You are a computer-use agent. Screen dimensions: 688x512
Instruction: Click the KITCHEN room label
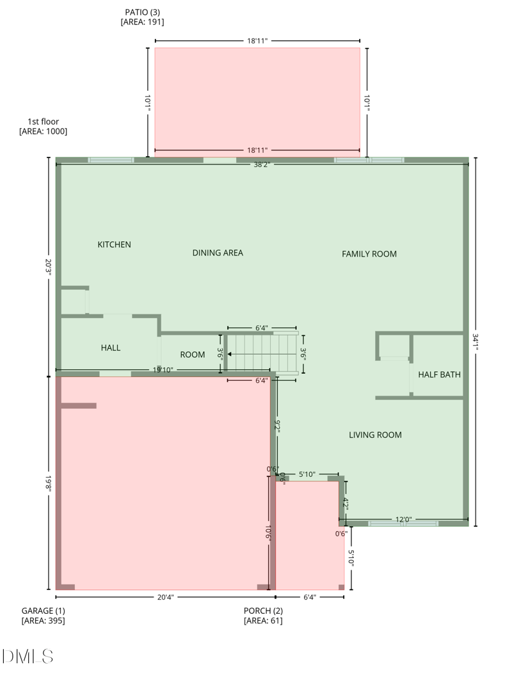[114, 244]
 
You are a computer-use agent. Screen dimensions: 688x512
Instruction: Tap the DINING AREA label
[218, 253]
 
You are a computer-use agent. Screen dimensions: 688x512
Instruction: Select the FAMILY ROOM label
[369, 254]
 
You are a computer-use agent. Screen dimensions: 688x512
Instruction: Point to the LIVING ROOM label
[375, 435]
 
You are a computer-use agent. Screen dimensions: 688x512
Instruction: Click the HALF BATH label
[439, 374]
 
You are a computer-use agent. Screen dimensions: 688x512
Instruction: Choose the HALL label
[111, 348]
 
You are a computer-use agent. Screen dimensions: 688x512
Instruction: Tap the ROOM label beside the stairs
[192, 355]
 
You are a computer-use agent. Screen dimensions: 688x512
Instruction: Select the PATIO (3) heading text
[142, 12]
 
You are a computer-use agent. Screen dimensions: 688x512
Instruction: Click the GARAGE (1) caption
[43, 611]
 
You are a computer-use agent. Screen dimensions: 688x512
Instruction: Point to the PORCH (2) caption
[262, 611]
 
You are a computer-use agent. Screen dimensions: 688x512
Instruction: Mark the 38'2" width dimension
[262, 164]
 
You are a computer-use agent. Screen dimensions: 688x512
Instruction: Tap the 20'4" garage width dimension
[165, 597]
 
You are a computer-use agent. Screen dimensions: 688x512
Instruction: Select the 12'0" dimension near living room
[403, 520]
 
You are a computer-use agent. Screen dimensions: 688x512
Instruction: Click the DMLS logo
[28, 656]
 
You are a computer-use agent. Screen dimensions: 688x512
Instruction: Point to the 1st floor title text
[43, 121]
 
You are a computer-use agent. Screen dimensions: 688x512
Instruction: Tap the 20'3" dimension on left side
[48, 266]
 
